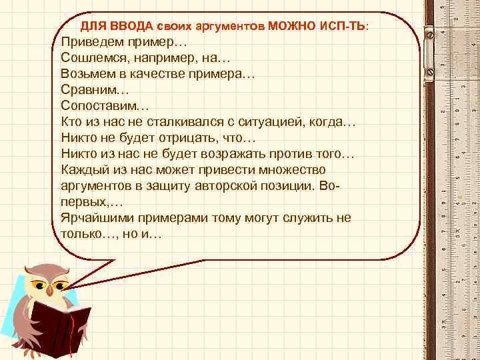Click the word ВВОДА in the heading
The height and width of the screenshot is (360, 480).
coord(133,26)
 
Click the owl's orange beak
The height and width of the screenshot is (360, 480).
coord(51,290)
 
